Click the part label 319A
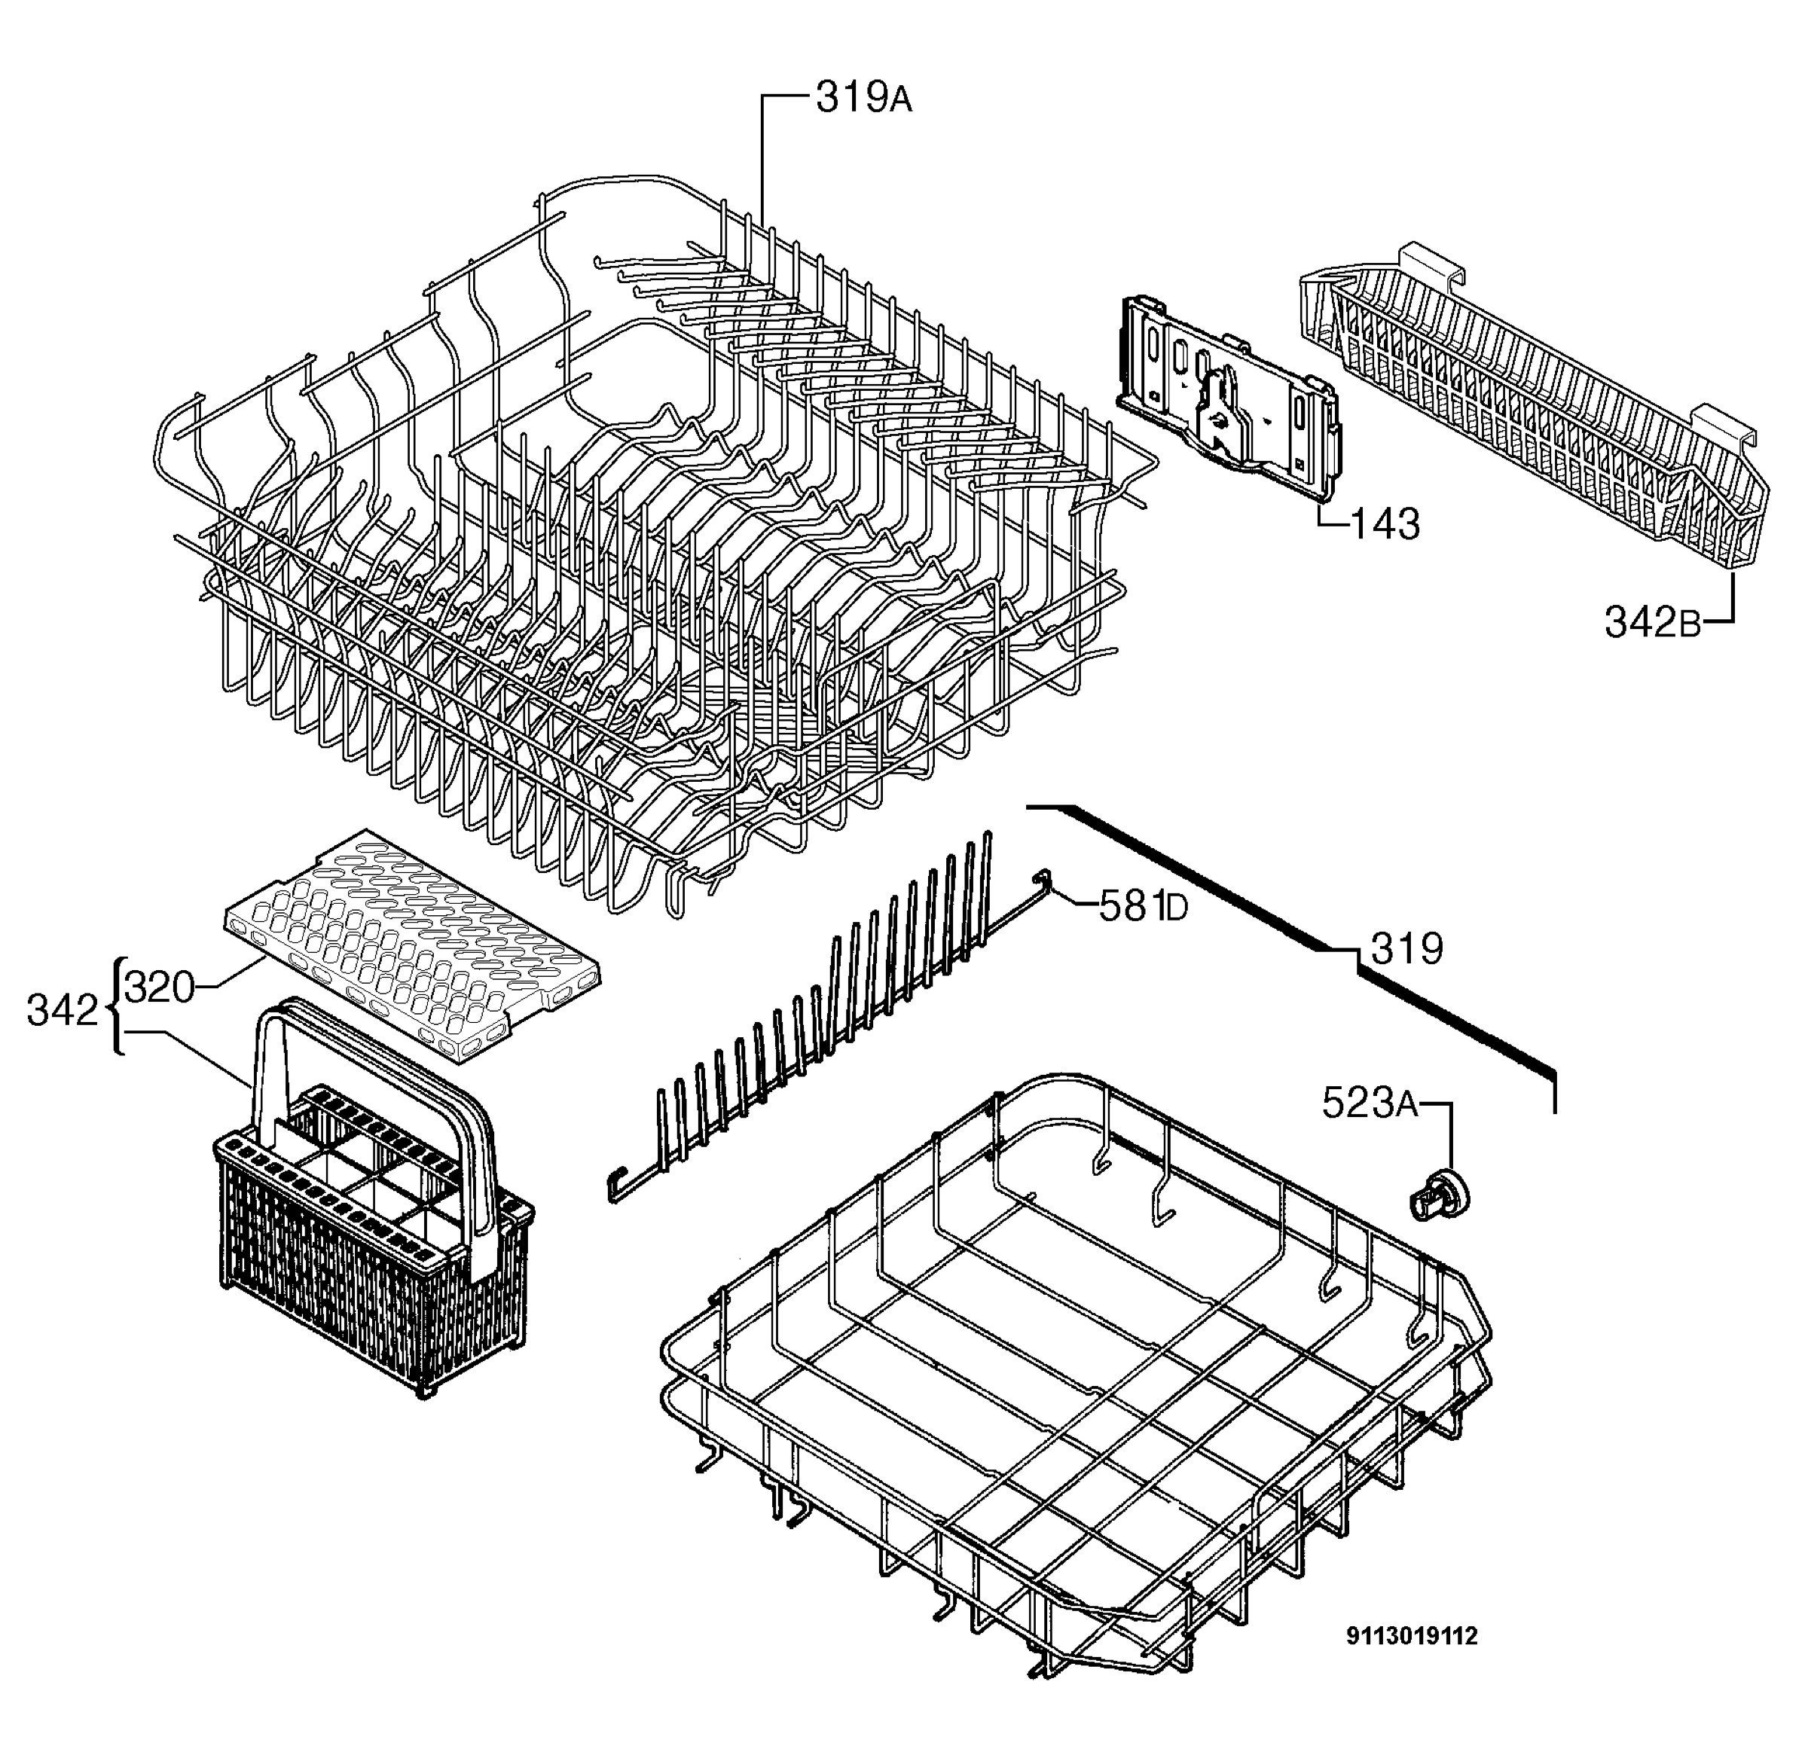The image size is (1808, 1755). click(863, 97)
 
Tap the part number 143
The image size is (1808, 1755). click(1385, 525)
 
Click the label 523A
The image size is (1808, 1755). click(1370, 1102)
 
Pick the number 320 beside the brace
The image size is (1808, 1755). click(160, 987)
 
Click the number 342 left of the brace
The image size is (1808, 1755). click(62, 1012)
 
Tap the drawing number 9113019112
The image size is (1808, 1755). click(1412, 1636)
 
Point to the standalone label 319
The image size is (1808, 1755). click(1406, 949)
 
